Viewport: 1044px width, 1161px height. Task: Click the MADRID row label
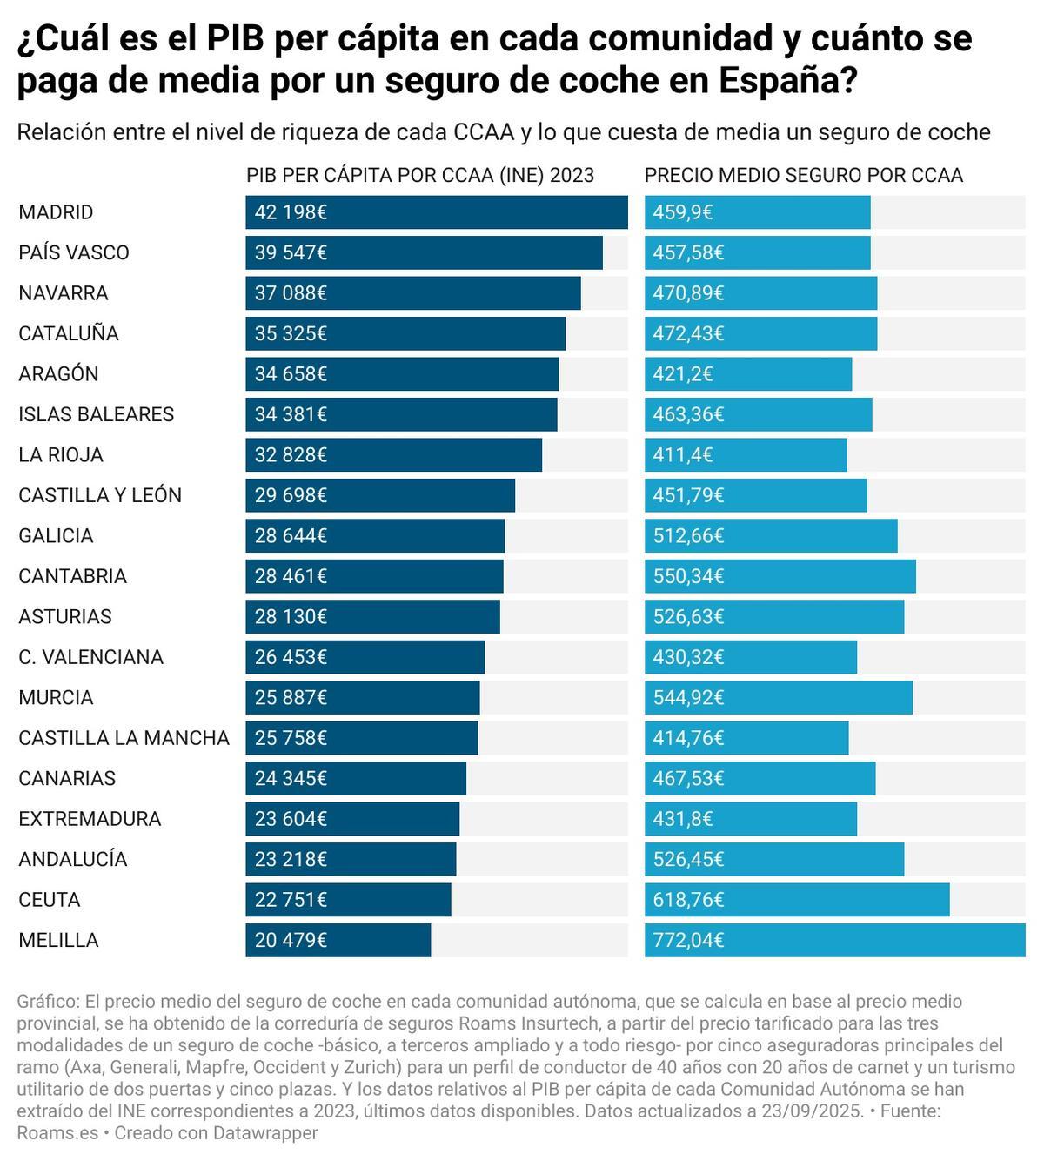pos(56,212)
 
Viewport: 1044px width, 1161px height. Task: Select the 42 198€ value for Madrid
pos(291,212)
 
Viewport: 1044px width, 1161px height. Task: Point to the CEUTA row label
pos(50,900)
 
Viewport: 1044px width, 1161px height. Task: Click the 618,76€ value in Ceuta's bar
pos(688,900)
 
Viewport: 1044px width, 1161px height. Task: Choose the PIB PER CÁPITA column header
pos(420,175)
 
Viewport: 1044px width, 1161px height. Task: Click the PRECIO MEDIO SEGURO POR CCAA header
pos(803,175)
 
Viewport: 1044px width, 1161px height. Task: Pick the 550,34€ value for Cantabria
pos(688,576)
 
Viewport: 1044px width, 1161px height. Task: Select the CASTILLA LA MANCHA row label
pos(124,738)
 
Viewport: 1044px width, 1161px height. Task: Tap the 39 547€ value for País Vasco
pos(291,252)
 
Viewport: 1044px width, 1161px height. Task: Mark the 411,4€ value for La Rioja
pos(683,455)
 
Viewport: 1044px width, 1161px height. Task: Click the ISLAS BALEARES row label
pos(96,414)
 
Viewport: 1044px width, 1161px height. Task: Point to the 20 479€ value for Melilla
pos(291,941)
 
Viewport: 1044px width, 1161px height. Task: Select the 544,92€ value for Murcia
pos(688,698)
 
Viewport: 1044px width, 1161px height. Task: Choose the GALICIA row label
pos(56,536)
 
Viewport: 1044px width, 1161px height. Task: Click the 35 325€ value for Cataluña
pos(291,333)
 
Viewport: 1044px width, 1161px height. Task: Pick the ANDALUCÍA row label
pos(73,860)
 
